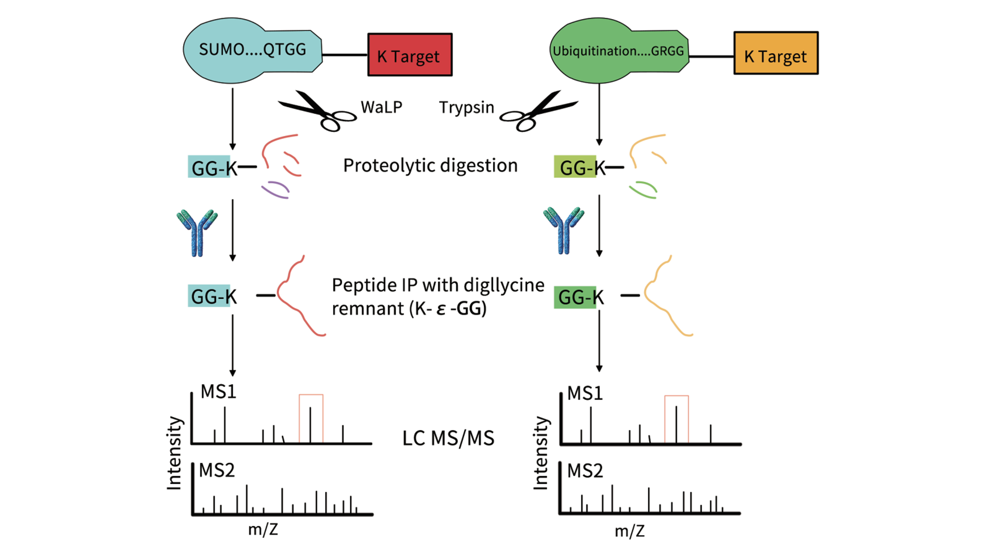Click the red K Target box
pyautogui.click(x=410, y=55)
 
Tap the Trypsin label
pyautogui.click(x=466, y=107)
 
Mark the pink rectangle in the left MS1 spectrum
pyautogui.click(x=311, y=418)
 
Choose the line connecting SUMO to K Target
pyautogui.click(x=345, y=55)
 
